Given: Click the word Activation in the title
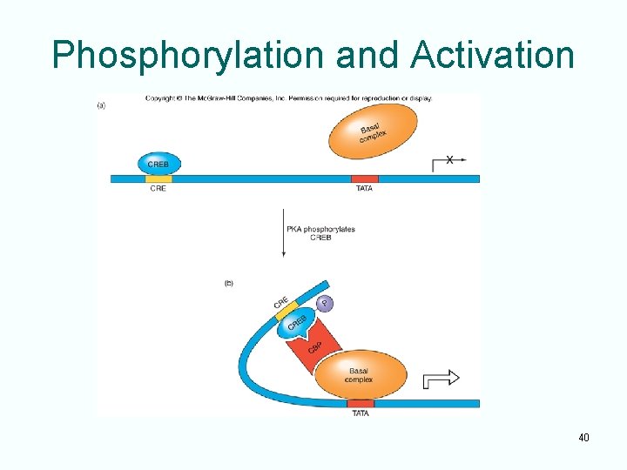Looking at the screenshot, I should [493, 56].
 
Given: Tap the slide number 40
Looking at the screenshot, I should [583, 437].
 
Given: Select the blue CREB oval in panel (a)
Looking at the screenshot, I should [158, 164].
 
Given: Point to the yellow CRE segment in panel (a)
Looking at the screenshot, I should [158, 179].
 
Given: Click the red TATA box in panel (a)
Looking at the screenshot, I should [365, 179].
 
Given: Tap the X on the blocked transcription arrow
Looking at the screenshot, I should [449, 160].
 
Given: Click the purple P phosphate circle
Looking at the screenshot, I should [324, 303].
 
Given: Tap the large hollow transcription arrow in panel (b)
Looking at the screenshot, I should [441, 379].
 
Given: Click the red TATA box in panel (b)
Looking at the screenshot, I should [361, 404].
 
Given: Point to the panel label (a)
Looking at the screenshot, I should [102, 104].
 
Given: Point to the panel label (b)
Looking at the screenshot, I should [229, 283].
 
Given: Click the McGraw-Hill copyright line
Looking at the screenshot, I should [288, 98].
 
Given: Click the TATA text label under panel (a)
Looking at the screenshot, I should [364, 189].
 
